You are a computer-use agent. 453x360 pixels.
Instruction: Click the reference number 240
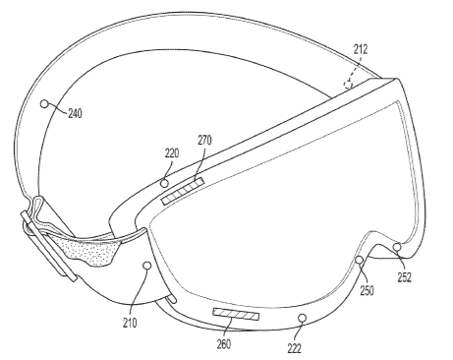(75, 114)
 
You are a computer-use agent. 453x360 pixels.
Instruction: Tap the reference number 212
(361, 49)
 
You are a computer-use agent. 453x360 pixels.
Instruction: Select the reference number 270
(204, 141)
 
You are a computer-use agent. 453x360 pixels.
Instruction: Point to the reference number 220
(172, 153)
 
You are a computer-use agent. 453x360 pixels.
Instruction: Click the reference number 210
(130, 324)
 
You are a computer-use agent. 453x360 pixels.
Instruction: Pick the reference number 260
(224, 344)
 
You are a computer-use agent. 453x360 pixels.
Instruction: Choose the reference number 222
(294, 348)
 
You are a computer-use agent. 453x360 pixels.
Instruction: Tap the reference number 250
(367, 290)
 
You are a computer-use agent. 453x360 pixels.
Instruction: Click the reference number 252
(404, 277)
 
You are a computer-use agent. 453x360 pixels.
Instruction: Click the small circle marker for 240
(44, 104)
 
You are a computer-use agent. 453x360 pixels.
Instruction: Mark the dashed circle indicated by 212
(348, 85)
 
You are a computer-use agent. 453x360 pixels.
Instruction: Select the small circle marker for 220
(165, 183)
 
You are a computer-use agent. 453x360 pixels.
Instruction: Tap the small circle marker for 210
(147, 266)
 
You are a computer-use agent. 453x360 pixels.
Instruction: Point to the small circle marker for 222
(303, 318)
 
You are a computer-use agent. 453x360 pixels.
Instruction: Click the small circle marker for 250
(360, 260)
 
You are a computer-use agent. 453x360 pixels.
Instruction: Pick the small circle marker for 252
(397, 247)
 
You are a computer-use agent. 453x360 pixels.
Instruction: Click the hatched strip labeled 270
(183, 191)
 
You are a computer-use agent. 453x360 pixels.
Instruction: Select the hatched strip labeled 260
(236, 314)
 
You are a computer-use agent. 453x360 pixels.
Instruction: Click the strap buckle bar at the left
(49, 246)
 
